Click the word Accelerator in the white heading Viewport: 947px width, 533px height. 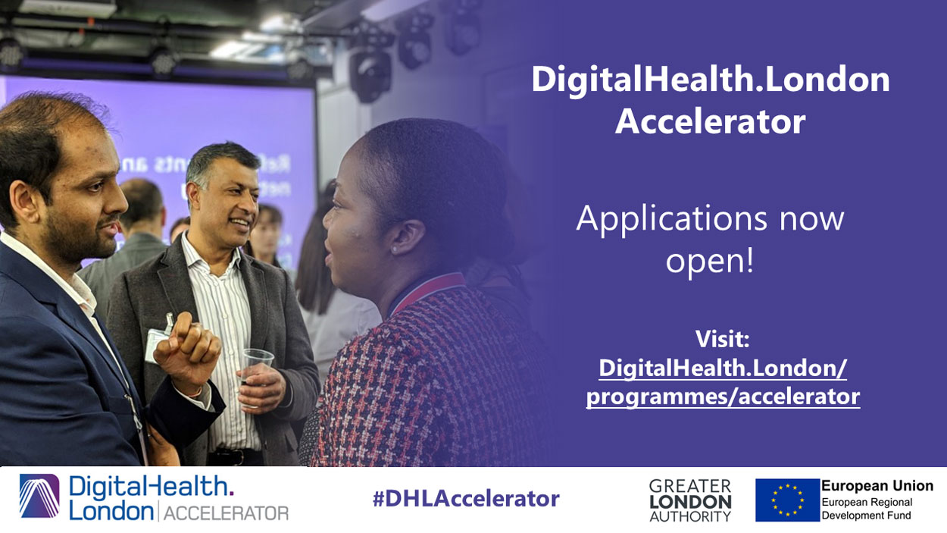[711, 121]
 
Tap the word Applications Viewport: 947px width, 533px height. [672, 219]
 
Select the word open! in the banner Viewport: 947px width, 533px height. [710, 261]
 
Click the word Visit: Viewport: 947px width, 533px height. [723, 339]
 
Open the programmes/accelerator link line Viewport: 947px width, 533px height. [723, 397]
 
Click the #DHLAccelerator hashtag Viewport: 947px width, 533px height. [466, 499]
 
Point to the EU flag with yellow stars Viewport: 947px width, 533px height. [787, 500]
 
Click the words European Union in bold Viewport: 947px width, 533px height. [877, 486]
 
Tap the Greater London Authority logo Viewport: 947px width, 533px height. [690, 500]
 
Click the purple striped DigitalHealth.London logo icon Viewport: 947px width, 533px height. [39, 496]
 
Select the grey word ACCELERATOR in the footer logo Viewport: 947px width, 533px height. [226, 513]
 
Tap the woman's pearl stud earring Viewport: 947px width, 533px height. [394, 250]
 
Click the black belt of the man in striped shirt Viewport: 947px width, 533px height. [235, 456]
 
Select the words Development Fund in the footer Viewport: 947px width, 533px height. [866, 516]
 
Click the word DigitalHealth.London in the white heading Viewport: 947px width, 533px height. [711, 80]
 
